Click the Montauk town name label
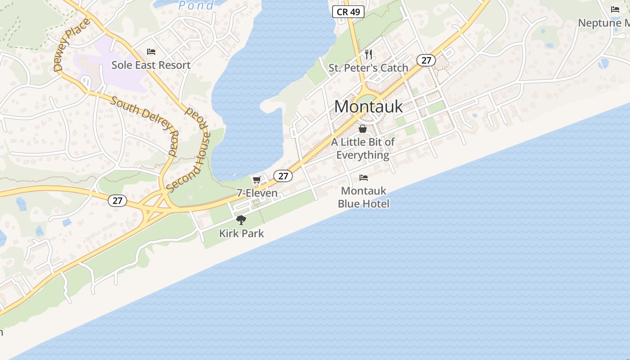pyautogui.click(x=368, y=107)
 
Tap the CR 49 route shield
pyautogui.click(x=348, y=12)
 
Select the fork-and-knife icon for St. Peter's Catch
pyautogui.click(x=369, y=54)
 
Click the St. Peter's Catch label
pyautogui.click(x=368, y=68)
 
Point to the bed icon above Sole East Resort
pyautogui.click(x=151, y=52)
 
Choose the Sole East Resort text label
pyautogui.click(x=151, y=65)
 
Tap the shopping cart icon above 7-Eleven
pyautogui.click(x=256, y=180)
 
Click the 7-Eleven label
pyautogui.click(x=257, y=193)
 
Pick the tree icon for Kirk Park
pyautogui.click(x=241, y=220)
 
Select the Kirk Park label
pyautogui.click(x=241, y=234)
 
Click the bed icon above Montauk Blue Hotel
pyautogui.click(x=364, y=178)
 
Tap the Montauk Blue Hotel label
pyautogui.click(x=364, y=197)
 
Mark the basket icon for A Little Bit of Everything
pyautogui.click(x=363, y=129)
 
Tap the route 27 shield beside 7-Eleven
pyautogui.click(x=283, y=176)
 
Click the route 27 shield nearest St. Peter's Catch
pyautogui.click(x=426, y=60)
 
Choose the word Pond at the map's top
pyautogui.click(x=196, y=5)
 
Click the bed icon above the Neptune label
pyautogui.click(x=615, y=9)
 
